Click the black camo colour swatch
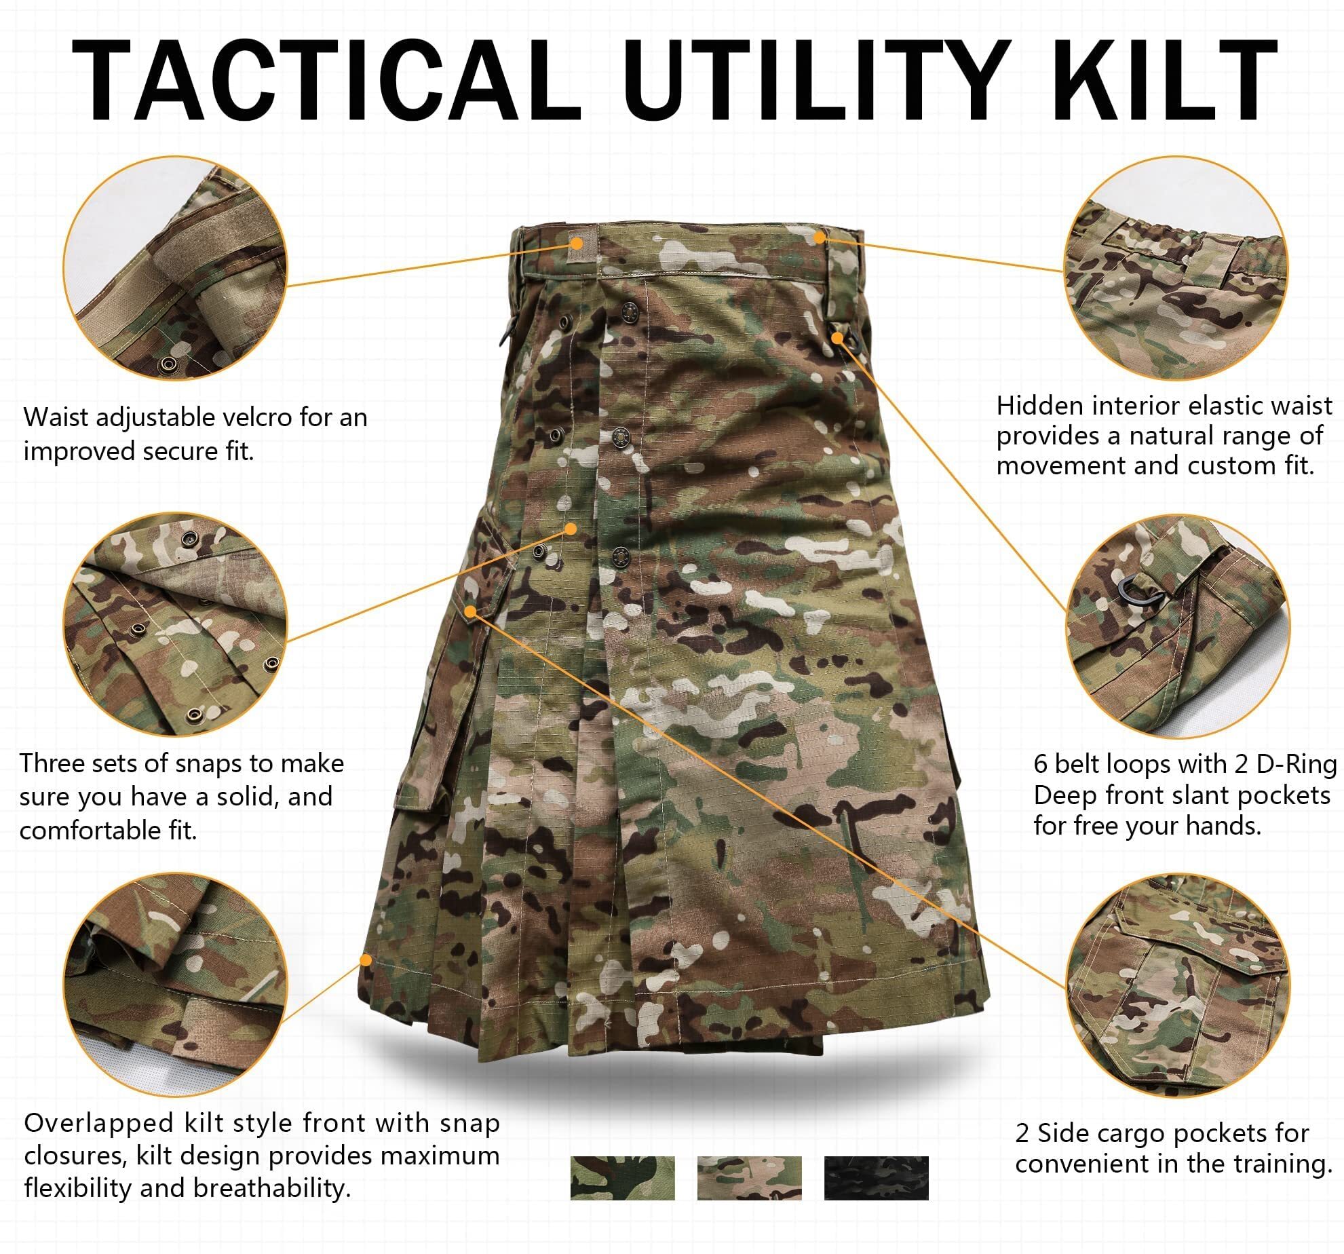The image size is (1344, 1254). (876, 1178)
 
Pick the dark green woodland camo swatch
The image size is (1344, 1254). (622, 1178)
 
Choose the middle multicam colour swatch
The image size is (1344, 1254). (749, 1178)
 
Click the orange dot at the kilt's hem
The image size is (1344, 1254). (366, 959)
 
